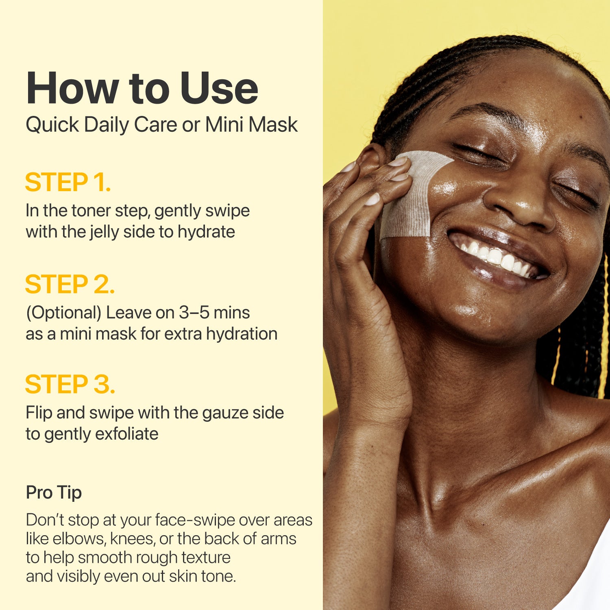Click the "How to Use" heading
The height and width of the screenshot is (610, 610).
142,88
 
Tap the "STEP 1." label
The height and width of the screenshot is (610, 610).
68,182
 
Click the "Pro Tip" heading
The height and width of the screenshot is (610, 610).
54,492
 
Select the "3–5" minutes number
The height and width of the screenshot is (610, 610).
194,313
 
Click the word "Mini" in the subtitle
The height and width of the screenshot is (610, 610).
224,124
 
